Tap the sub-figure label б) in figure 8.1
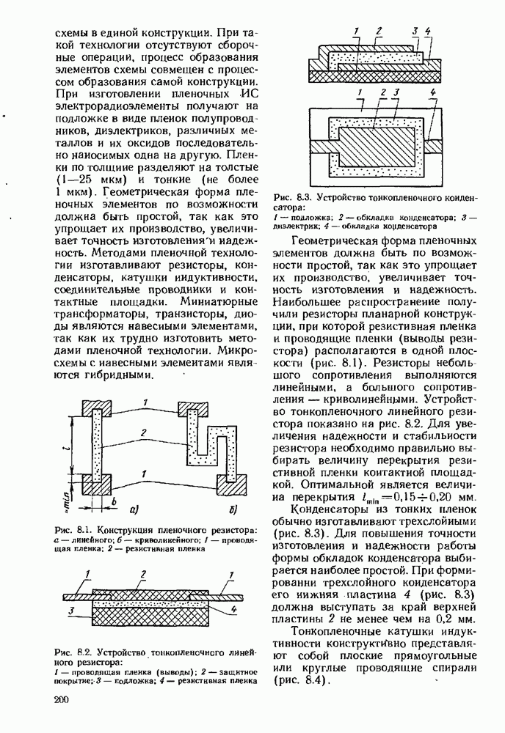[x=231, y=509]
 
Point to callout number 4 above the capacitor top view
[x=434, y=93]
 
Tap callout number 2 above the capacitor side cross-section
[x=379, y=31]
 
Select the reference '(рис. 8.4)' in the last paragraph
[x=299, y=681]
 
